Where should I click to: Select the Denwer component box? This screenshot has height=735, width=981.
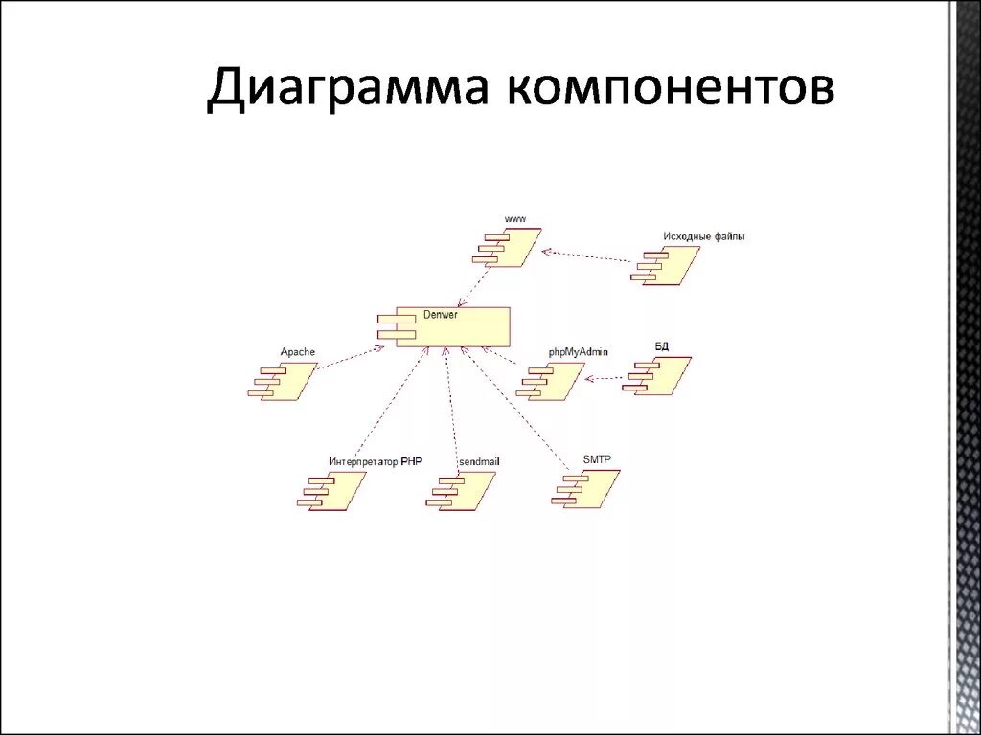coord(445,326)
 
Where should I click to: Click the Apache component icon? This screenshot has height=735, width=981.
coord(285,381)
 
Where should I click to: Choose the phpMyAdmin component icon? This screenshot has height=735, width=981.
coord(551,381)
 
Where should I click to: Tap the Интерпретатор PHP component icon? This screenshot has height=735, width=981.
coord(332,490)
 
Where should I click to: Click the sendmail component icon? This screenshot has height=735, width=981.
coord(462,489)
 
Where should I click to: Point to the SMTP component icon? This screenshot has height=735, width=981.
coord(587,488)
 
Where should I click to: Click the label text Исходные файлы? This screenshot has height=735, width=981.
coord(703,235)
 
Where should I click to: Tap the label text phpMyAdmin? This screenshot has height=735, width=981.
coord(578,352)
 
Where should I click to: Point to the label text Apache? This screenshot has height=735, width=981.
coord(297,352)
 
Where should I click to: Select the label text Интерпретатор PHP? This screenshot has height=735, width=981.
coord(375,461)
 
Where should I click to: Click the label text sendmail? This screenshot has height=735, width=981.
coord(479,461)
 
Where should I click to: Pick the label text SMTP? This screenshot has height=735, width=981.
coord(596,460)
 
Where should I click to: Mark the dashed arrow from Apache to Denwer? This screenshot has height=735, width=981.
coord(350,359)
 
